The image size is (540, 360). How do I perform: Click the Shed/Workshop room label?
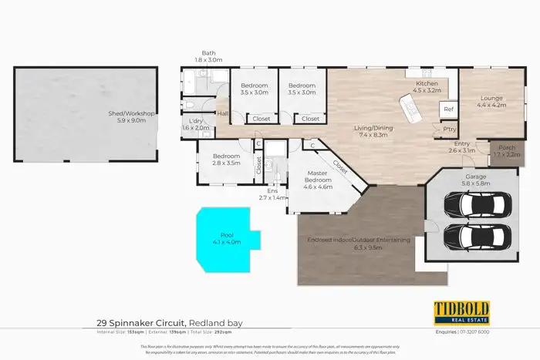point(132,117)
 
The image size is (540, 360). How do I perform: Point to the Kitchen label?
point(427,86)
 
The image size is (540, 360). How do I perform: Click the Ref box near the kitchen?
point(448,110)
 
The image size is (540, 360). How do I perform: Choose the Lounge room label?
point(491,102)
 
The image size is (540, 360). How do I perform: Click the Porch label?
point(507,151)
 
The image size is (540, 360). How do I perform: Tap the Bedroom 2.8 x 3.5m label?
point(227,160)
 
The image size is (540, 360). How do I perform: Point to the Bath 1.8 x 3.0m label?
point(208,56)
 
